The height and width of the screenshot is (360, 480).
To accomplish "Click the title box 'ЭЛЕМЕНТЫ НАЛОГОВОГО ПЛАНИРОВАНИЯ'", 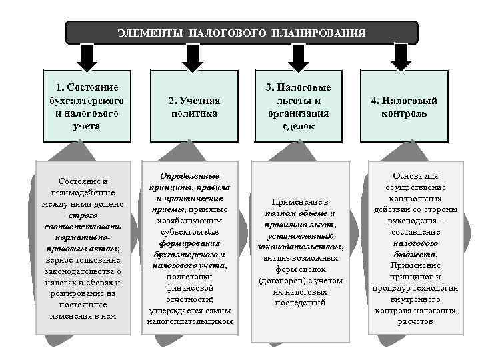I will click(241, 32).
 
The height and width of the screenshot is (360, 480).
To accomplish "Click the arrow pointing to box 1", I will click(85, 56).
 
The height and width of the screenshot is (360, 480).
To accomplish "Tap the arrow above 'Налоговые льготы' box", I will click(293, 56).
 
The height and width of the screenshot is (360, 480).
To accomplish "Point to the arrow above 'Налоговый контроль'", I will click(400, 56).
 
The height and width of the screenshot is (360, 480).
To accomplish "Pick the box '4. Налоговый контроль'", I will click(405, 106).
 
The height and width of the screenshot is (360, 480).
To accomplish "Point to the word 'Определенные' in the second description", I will click(190, 176).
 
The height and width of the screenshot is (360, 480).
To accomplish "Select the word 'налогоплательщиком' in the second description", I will click(190, 321).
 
